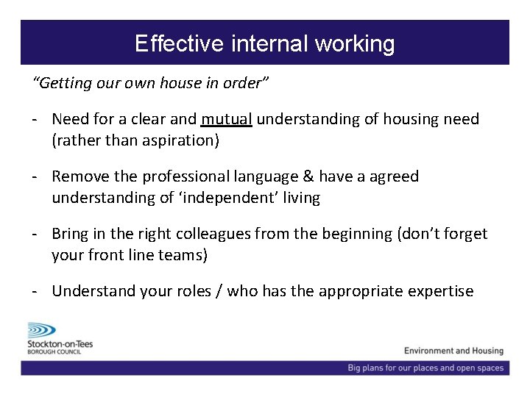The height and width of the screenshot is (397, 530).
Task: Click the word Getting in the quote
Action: click(x=60, y=83)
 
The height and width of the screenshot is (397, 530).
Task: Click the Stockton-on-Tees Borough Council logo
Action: click(x=60, y=339)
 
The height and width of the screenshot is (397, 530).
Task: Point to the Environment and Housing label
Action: click(x=453, y=351)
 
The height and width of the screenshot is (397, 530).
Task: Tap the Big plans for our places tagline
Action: click(x=425, y=368)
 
